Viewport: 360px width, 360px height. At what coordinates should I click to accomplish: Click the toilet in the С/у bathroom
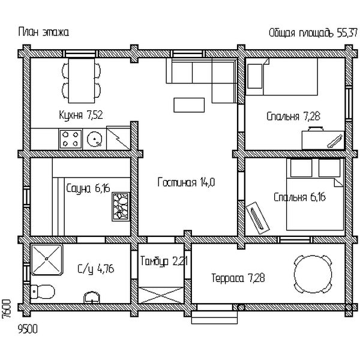click(x=43, y=292)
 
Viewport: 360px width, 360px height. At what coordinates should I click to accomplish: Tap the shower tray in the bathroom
click(x=47, y=260)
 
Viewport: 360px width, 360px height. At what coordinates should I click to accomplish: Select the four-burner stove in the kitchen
click(x=70, y=139)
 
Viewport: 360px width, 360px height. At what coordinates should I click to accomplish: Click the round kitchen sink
click(x=95, y=139)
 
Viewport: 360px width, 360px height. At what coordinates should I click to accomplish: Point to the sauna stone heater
click(x=121, y=206)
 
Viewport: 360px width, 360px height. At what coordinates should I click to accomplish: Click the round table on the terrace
click(x=313, y=274)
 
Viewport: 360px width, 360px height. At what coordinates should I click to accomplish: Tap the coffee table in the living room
click(x=189, y=105)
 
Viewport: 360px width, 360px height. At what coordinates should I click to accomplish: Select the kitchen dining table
click(x=82, y=80)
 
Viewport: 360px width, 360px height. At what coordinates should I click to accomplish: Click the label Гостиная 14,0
click(x=186, y=182)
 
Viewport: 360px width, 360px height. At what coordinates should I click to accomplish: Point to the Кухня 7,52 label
click(x=81, y=115)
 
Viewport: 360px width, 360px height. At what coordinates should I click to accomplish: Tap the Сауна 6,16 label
click(x=88, y=189)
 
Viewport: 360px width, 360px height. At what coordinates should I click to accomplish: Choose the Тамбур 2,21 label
click(x=164, y=261)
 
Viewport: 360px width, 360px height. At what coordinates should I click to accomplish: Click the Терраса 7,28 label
click(x=238, y=278)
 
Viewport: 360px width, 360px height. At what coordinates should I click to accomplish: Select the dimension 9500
click(x=28, y=329)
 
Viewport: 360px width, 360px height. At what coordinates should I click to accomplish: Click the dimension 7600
click(x=7, y=309)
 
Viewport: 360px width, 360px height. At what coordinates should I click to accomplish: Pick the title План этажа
click(x=43, y=32)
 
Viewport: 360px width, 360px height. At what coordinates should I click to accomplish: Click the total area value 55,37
click(x=347, y=33)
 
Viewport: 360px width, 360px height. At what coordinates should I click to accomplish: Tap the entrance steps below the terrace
click(x=214, y=317)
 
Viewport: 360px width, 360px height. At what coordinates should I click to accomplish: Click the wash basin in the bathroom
click(x=92, y=298)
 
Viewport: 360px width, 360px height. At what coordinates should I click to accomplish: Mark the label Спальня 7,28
click(x=293, y=116)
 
